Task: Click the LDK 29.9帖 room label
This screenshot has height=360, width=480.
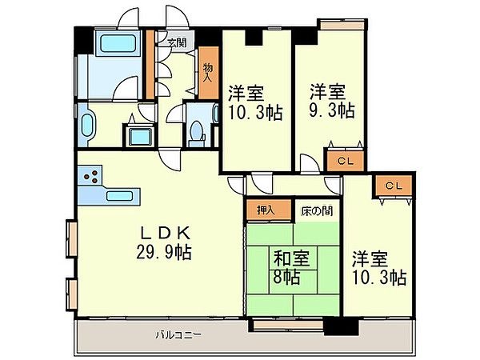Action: click(x=164, y=242)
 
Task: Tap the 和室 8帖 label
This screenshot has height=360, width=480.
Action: click(x=290, y=267)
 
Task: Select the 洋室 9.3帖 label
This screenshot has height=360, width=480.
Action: click(x=332, y=101)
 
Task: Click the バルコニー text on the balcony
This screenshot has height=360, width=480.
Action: click(x=178, y=334)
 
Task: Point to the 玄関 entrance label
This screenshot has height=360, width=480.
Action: click(x=177, y=42)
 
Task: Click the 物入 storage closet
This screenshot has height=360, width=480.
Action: click(x=209, y=73)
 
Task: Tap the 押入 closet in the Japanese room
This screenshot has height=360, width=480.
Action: click(x=269, y=210)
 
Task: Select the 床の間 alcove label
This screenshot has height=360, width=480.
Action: click(x=317, y=210)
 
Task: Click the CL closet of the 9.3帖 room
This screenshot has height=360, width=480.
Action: click(x=346, y=161)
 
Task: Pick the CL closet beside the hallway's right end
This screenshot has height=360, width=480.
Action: click(x=394, y=186)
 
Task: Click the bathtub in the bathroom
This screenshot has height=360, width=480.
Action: click(x=118, y=43)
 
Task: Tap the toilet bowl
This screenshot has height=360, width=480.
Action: click(x=196, y=132)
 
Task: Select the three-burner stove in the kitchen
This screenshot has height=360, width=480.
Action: click(x=90, y=175)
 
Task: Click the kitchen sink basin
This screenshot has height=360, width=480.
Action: click(x=119, y=196)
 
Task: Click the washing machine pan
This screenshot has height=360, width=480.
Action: click(x=140, y=137)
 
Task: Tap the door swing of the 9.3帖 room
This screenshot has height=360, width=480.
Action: click(x=310, y=164)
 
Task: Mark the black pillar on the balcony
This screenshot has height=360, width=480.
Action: click(x=341, y=326)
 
